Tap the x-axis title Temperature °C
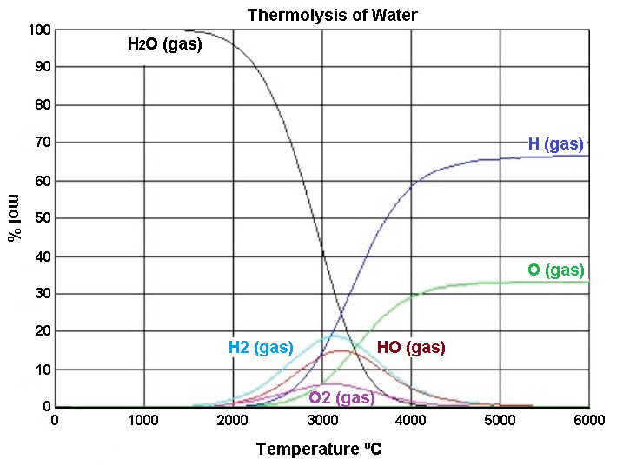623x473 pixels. tap(319, 450)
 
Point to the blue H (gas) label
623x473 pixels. tap(556, 144)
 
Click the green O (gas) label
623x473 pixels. tap(556, 270)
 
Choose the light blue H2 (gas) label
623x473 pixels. tap(261, 348)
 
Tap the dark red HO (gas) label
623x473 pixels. tap(411, 348)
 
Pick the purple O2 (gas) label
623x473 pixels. tap(341, 397)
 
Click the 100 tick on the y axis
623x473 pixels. tap(40, 30)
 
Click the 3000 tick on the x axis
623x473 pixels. tap(321, 421)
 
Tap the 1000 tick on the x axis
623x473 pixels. tap(143, 421)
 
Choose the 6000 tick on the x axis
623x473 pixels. tap(589, 421)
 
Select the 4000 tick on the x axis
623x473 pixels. tap(411, 421)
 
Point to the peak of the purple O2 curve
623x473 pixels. tap(328, 383)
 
